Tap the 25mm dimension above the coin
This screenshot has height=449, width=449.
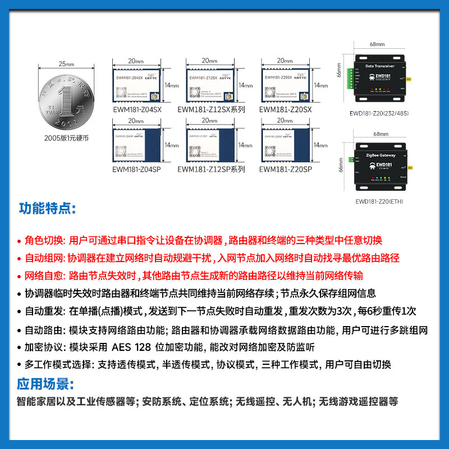coord(66,64)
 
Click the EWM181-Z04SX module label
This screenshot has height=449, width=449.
coord(136,110)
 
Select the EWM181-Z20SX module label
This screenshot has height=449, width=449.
coord(285,110)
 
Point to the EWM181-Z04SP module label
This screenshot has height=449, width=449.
coord(136,169)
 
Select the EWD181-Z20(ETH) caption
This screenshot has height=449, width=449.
coord(379,201)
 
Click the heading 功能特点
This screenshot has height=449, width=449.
coord(46,209)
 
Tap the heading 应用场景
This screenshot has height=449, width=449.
coord(45,384)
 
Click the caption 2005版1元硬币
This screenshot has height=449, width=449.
coord(66,138)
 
